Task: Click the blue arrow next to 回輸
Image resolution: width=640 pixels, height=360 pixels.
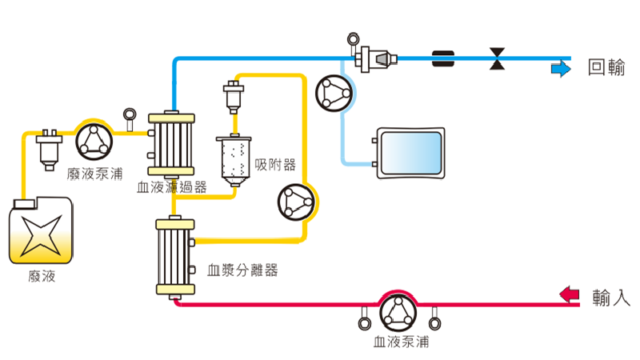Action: point(560,70)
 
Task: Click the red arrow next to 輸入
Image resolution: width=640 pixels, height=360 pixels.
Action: point(569,294)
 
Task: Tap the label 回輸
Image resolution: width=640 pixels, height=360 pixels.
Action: point(606,68)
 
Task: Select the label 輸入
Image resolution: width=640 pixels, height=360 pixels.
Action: point(611,298)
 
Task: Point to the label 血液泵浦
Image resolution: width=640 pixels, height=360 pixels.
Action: point(401,342)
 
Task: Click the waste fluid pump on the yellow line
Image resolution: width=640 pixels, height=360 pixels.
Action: point(95,140)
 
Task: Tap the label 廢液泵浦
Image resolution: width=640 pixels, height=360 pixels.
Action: point(95,172)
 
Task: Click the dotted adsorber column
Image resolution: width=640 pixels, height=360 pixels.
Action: point(234,160)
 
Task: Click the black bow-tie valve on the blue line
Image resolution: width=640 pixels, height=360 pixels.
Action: point(499,58)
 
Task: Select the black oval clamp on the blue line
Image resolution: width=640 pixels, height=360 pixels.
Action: point(442,58)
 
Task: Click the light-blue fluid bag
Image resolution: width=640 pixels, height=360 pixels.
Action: point(410,152)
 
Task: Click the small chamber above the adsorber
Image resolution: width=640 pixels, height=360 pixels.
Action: point(234,97)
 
